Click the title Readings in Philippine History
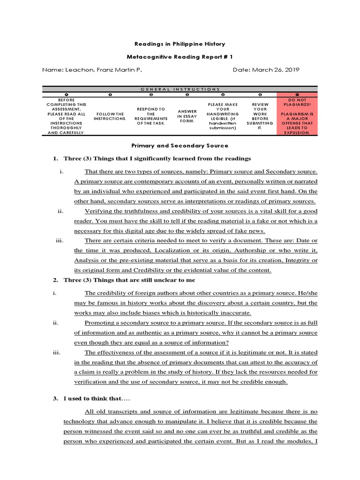[x=180, y=44]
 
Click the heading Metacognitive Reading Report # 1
[x=180, y=57]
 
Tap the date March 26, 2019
[x=266, y=70]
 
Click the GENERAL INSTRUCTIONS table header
[x=180, y=89]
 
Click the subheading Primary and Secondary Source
[x=180, y=146]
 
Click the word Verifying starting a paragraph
[x=98, y=211]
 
